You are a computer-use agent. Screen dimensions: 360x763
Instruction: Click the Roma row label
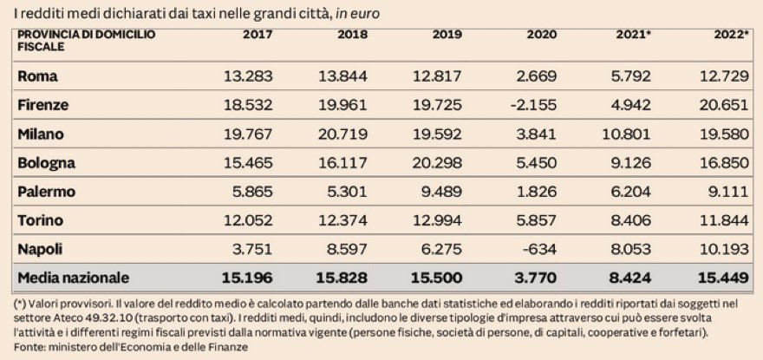(37, 76)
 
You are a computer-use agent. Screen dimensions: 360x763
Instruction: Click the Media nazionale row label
(74, 278)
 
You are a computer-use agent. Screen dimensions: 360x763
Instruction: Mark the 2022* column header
(730, 35)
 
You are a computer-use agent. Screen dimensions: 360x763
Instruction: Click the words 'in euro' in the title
(357, 13)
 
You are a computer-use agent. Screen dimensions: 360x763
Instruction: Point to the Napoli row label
(42, 248)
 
